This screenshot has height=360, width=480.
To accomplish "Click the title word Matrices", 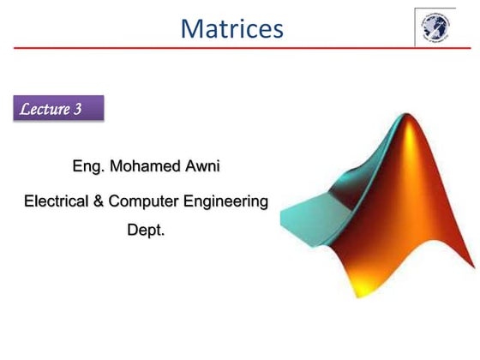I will [231, 29].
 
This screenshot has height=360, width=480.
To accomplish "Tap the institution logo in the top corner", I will [435, 27].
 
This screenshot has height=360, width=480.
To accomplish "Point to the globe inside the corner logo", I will [435, 28].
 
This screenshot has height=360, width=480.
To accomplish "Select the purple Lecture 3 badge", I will [58, 109].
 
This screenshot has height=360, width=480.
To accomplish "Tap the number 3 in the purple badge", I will [88, 109].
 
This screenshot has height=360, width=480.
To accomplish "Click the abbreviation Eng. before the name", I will [89, 165].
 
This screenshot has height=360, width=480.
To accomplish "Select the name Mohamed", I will [145, 165].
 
